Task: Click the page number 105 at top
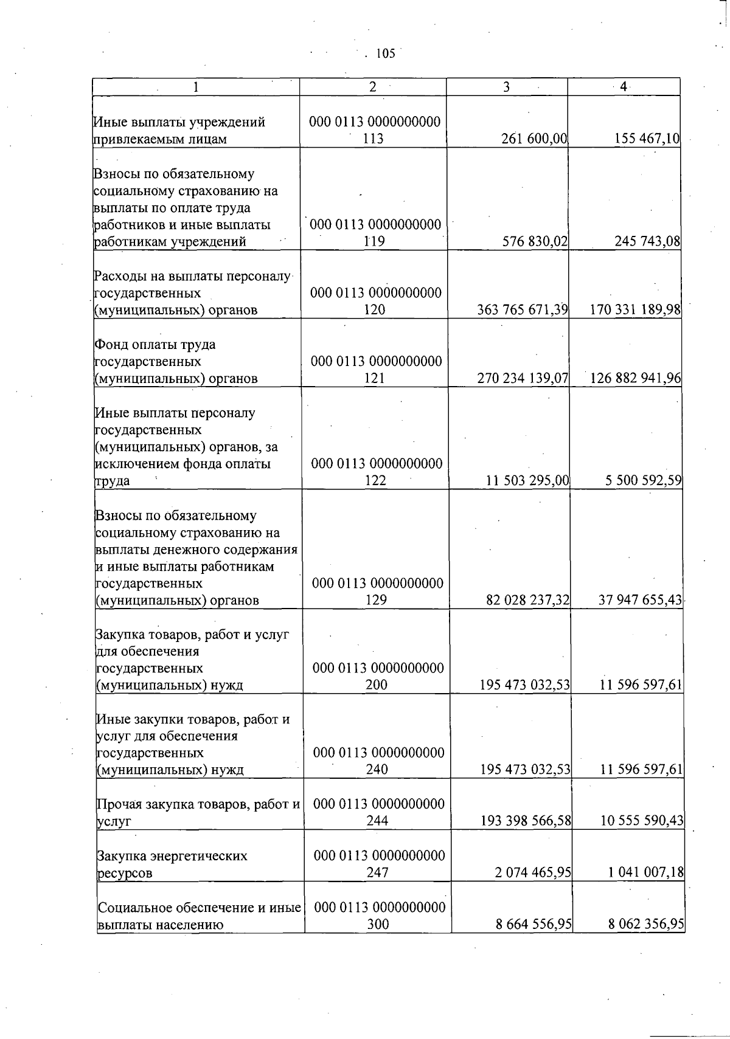(386, 54)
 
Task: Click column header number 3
(506, 87)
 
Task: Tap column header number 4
(623, 87)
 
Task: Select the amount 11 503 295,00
(527, 481)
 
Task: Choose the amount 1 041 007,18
(646, 873)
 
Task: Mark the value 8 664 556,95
(532, 925)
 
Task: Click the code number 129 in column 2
(377, 601)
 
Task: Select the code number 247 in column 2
(378, 873)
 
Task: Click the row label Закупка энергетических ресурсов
(172, 864)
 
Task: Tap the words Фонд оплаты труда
(155, 345)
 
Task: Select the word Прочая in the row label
(117, 804)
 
